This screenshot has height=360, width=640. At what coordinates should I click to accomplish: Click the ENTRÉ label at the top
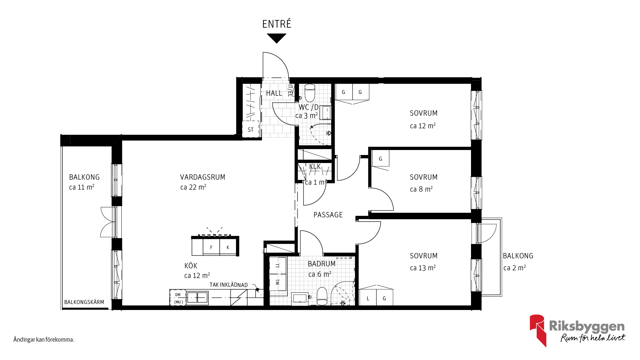point(277,24)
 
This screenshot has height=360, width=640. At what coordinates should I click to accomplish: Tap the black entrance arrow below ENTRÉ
point(277,38)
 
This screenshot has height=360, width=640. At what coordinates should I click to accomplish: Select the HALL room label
point(274,93)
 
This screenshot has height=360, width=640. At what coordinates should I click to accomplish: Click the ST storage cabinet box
point(251,129)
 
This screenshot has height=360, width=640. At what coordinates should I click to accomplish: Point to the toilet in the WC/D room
point(310,93)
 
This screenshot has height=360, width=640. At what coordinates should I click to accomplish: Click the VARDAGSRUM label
point(203,177)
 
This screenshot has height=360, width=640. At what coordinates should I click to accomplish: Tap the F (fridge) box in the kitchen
point(211,247)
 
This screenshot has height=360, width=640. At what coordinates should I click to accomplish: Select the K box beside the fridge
point(228,247)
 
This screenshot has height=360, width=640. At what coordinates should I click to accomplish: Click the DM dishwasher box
point(178,298)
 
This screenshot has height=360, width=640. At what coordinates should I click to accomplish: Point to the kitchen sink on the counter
point(197,297)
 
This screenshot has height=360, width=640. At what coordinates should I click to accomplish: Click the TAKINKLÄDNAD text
point(229,285)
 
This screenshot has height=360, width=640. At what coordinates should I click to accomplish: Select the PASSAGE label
point(328,215)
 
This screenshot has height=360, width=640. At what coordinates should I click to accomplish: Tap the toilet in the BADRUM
point(322,296)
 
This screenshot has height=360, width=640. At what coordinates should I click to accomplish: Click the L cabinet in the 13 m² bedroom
point(368,298)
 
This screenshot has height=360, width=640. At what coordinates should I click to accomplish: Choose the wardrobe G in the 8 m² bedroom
point(380,159)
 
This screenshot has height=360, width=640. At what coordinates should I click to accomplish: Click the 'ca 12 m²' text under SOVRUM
point(423,126)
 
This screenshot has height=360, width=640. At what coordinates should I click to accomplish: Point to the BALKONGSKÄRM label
point(84,302)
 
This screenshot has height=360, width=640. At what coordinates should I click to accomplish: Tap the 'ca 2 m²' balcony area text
point(515,268)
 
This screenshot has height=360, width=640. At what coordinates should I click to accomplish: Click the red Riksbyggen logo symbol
point(538,330)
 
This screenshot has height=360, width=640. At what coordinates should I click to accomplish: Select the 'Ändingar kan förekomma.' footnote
point(44,340)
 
